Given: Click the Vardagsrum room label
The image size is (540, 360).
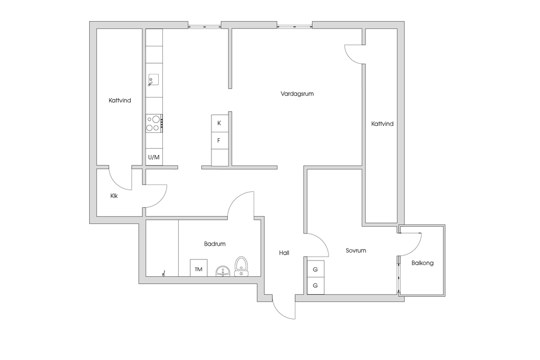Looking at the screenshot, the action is [x=297, y=94].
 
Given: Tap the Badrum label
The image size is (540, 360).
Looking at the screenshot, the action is [x=215, y=244].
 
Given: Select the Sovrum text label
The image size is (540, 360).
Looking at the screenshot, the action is [x=356, y=250].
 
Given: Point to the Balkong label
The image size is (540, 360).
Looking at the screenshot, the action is [x=422, y=263].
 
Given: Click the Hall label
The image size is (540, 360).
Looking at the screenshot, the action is [x=284, y=253].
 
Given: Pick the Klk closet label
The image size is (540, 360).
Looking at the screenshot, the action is [x=114, y=196].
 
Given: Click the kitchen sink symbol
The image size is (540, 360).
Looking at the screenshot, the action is [x=153, y=80].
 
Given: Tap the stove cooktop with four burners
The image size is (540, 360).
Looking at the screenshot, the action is [x=154, y=123].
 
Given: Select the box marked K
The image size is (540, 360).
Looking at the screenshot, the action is [x=219, y=123].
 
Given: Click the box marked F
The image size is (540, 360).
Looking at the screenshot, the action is [x=219, y=141].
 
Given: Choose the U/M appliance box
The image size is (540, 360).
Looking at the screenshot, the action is [x=154, y=157].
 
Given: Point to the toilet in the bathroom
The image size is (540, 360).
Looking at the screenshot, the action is [x=241, y=266].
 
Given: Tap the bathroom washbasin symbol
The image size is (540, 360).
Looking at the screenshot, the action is [x=223, y=271].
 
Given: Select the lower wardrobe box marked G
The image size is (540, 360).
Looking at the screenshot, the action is [x=315, y=285].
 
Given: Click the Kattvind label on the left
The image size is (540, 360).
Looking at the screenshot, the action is [x=120, y=101].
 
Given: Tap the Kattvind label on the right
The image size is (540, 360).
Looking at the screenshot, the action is [x=382, y=123].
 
